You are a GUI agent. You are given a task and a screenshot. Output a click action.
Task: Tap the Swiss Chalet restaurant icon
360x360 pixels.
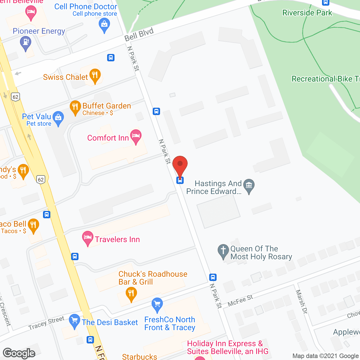[x=95, y=76]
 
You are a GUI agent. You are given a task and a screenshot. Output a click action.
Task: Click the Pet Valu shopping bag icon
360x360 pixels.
[x=58, y=118]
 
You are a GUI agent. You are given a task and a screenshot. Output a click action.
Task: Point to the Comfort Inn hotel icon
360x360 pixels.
[x=136, y=136]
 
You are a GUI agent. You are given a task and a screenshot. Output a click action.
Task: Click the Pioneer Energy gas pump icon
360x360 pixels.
[x=26, y=43]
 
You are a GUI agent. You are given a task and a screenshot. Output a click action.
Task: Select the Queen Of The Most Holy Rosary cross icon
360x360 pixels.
[x=223, y=251]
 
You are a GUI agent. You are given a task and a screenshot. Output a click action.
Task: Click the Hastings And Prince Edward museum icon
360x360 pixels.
[x=249, y=186]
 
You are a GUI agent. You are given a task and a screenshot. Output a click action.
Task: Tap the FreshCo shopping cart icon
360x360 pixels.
[x=157, y=305]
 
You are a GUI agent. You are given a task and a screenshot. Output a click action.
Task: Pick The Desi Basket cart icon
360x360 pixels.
[x=74, y=321]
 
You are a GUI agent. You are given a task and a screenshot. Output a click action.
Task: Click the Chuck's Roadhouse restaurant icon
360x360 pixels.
[x=131, y=294]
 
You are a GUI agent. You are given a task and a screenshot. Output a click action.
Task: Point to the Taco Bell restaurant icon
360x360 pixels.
[x=33, y=226]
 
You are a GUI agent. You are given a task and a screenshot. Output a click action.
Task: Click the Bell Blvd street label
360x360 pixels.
[x=139, y=35]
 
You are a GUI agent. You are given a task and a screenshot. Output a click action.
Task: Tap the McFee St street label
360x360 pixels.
[x=240, y=300]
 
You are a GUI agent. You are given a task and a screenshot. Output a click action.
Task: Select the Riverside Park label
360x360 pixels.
[x=307, y=13]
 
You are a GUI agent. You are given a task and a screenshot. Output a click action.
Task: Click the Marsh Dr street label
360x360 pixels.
[x=301, y=301]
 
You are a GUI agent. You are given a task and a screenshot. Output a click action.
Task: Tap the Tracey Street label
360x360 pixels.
[x=46, y=323]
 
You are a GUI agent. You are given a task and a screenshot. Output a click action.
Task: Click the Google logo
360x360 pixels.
[x=19, y=353]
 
